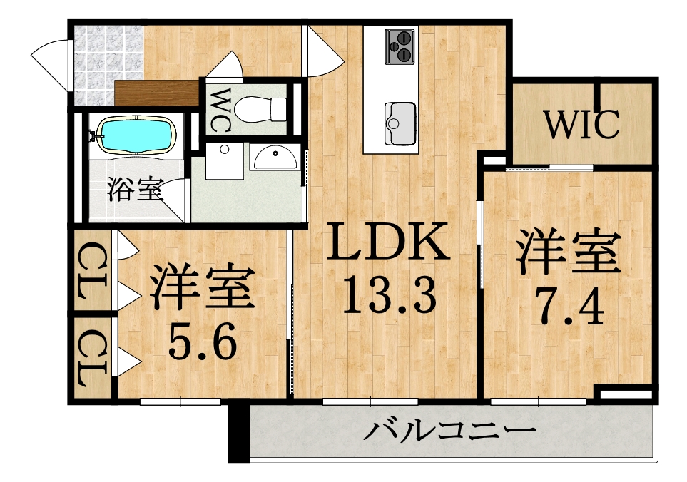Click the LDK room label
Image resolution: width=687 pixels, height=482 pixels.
[x=388, y=241]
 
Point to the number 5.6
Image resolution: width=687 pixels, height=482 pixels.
[x=203, y=339]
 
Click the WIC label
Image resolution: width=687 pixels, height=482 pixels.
[x=582, y=124]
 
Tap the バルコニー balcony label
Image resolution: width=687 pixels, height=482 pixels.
[x=449, y=431]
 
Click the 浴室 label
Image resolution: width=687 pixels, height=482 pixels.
[x=136, y=190]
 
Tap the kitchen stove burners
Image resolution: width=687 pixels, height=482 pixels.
[x=399, y=46]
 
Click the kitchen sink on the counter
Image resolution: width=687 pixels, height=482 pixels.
[x=400, y=123]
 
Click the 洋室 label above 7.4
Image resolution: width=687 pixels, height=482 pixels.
[x=569, y=252]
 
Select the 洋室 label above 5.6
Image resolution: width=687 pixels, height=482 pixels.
[x=203, y=287]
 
